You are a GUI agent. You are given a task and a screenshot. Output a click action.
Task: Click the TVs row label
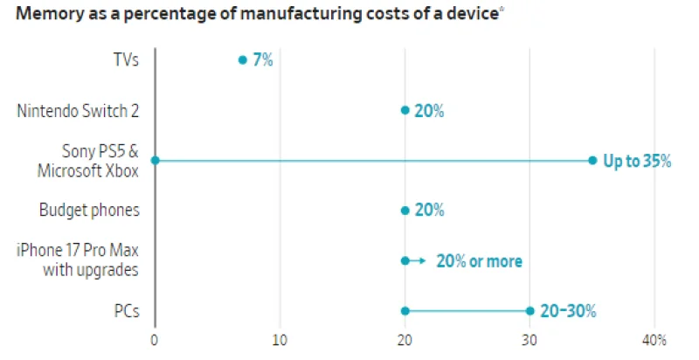click(124, 59)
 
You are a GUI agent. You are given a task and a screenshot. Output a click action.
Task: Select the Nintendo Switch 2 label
click(78, 110)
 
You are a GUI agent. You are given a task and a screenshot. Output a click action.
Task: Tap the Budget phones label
click(89, 211)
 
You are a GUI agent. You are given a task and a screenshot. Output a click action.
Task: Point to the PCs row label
click(128, 311)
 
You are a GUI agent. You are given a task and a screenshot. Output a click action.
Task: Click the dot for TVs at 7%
click(242, 59)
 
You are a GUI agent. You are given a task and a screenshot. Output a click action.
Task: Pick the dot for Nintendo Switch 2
click(405, 110)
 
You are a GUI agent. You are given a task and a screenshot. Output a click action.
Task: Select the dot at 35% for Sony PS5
click(592, 160)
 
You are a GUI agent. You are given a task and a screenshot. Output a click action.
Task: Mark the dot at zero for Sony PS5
click(155, 160)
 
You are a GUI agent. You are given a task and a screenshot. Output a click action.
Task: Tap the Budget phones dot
click(405, 211)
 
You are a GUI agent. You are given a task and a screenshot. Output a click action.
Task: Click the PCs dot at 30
click(529, 311)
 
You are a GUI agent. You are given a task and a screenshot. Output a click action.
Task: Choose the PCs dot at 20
click(405, 311)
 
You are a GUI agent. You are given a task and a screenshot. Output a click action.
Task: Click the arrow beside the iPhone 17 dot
click(419, 260)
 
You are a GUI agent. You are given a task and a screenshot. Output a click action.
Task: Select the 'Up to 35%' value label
click(637, 161)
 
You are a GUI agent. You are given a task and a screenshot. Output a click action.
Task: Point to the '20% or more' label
click(479, 261)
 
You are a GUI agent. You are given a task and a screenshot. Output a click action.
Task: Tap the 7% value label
click(263, 59)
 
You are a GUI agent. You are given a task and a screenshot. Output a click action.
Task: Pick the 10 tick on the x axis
click(280, 340)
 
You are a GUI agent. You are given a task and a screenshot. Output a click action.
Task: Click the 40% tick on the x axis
click(654, 340)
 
